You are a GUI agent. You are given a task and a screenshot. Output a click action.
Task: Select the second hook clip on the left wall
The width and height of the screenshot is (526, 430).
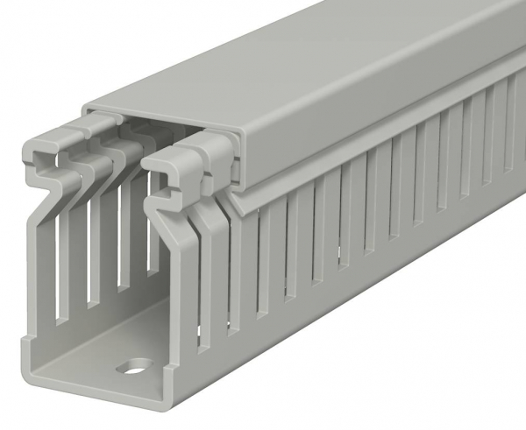(75, 140)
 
